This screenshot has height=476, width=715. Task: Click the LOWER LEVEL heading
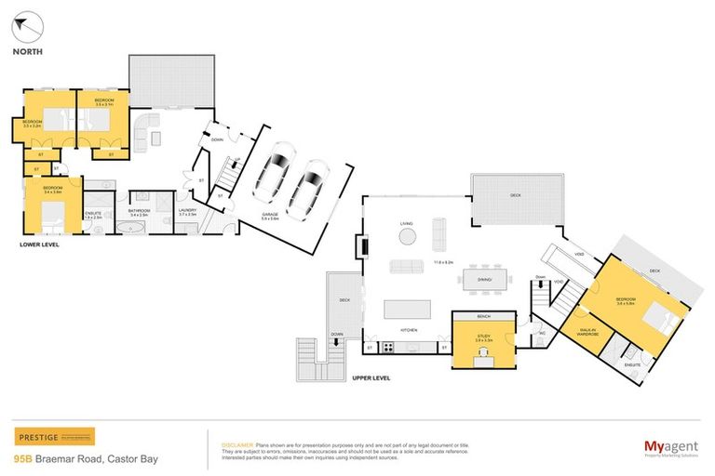tap(39, 245)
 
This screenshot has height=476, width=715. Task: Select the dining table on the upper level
tap(482, 278)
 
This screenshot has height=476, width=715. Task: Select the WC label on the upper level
tap(541, 333)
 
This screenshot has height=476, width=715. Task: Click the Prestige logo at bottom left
tap(54, 437)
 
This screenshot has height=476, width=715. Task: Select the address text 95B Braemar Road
tap(65, 458)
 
